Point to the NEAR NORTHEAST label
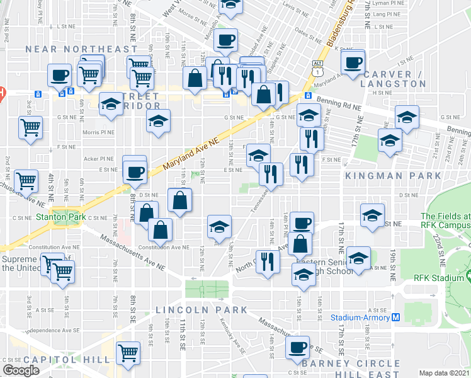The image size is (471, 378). [x=81, y=49]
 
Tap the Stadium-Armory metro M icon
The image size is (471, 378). [x=395, y=318]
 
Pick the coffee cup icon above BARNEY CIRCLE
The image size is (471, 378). [x=297, y=346]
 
